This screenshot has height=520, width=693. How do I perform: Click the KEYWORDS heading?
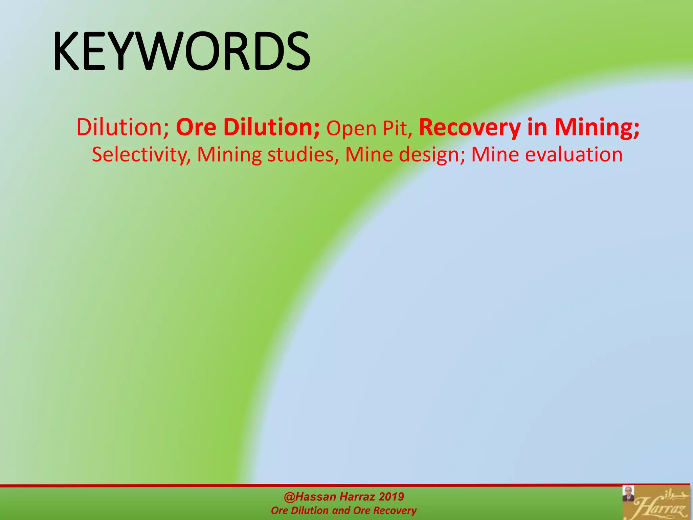click(181, 51)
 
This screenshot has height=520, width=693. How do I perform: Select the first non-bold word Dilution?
click(122, 127)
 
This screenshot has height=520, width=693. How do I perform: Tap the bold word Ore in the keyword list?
click(196, 127)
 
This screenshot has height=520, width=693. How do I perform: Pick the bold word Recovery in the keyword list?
click(470, 127)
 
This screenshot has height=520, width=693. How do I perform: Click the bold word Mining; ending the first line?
click(597, 127)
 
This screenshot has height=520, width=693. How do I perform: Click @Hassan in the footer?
click(310, 497)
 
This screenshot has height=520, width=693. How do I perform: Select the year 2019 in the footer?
click(391, 497)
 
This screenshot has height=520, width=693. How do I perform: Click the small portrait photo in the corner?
click(628, 494)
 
